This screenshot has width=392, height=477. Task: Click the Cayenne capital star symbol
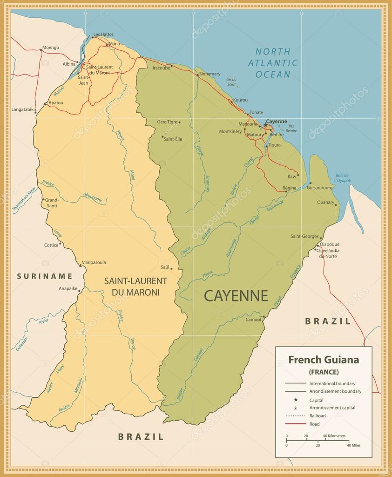266,125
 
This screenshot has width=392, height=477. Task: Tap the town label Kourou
240,100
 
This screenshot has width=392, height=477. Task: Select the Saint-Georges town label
304,237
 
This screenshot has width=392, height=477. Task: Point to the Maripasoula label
94,262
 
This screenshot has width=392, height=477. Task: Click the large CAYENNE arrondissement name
236,296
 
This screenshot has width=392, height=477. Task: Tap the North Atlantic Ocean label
272,63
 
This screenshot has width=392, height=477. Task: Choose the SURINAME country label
45,276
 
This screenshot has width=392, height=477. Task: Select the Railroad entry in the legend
317,416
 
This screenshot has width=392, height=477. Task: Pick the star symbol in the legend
295,400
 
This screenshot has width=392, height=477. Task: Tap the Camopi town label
253,320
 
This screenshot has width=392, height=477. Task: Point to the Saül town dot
171,268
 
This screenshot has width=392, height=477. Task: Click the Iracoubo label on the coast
161,68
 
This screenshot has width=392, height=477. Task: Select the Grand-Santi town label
51,203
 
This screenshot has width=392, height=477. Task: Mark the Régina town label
289,188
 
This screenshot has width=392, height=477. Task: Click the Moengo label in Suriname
50,48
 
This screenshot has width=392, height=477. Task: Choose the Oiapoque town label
330,244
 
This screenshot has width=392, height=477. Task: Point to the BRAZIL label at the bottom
141,436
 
